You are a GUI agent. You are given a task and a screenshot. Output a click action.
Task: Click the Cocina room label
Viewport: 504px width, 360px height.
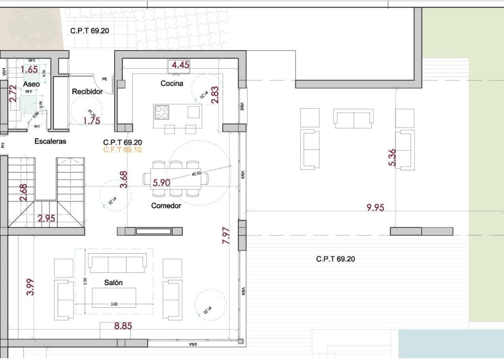tap(172, 84)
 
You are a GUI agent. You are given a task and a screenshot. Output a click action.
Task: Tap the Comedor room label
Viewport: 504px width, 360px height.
tap(166, 206)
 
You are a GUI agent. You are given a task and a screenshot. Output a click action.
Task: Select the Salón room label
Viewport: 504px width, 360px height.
tap(113, 283)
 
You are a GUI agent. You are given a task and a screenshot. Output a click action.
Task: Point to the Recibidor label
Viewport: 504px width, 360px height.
tap(87, 92)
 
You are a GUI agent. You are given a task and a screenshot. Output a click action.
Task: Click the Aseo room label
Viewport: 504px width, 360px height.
tap(31, 85)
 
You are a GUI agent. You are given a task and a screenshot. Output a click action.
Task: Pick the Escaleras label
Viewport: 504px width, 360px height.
tap(50, 142)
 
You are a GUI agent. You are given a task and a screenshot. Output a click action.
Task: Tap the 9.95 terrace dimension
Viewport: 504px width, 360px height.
tap(375, 208)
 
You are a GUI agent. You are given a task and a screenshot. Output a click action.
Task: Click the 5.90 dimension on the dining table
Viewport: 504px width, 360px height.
tap(161, 182)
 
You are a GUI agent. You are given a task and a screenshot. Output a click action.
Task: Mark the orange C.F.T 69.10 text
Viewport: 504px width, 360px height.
tap(122, 150)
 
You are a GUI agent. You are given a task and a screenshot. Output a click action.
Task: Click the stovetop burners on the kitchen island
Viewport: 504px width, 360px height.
tap(162, 113)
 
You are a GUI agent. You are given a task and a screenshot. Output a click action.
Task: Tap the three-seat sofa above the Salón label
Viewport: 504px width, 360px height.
tap(117, 264)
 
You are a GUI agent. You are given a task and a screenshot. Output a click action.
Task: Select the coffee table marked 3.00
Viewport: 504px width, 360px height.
tap(114, 298)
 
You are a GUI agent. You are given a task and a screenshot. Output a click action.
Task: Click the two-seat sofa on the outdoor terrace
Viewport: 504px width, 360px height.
tap(353, 118)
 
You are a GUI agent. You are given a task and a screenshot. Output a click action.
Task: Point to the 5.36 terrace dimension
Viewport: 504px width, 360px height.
tap(392, 158)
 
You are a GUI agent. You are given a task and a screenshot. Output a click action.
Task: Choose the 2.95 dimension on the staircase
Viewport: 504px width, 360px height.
tap(47, 218)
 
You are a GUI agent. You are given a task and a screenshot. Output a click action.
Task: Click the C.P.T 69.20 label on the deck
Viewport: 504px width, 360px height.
tap(335, 259)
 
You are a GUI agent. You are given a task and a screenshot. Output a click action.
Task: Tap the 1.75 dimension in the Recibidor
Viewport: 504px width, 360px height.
tap(92, 120)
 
